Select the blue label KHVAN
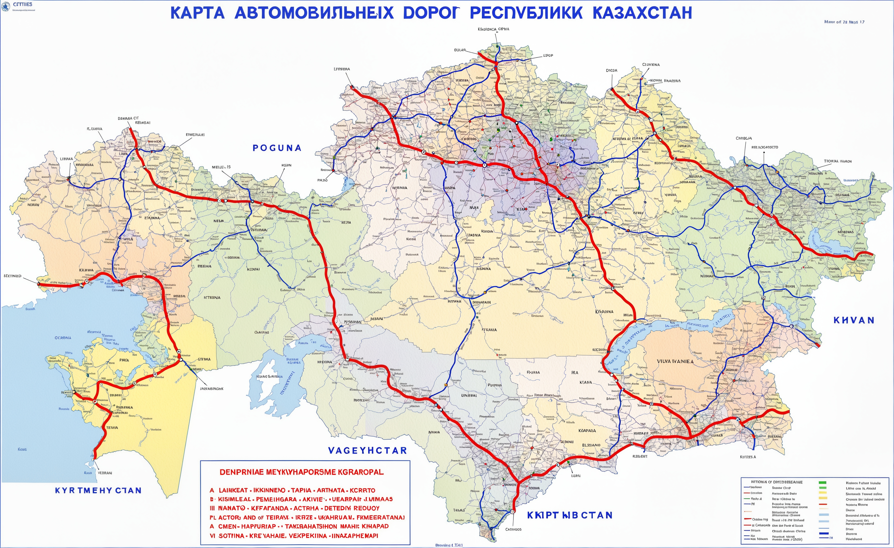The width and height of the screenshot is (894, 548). tap(854, 320)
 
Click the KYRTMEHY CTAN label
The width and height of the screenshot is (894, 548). tap(98, 490)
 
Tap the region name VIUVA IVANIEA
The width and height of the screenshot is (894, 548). tap(675, 361)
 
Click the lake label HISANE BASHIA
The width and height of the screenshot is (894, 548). tap(269, 376)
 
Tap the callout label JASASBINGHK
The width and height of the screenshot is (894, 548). tap(211, 388)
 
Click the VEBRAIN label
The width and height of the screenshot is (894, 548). tap(105, 473)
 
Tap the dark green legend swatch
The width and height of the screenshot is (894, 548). tap(822, 483)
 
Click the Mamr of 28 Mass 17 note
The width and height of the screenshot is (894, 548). tap(844, 22)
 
